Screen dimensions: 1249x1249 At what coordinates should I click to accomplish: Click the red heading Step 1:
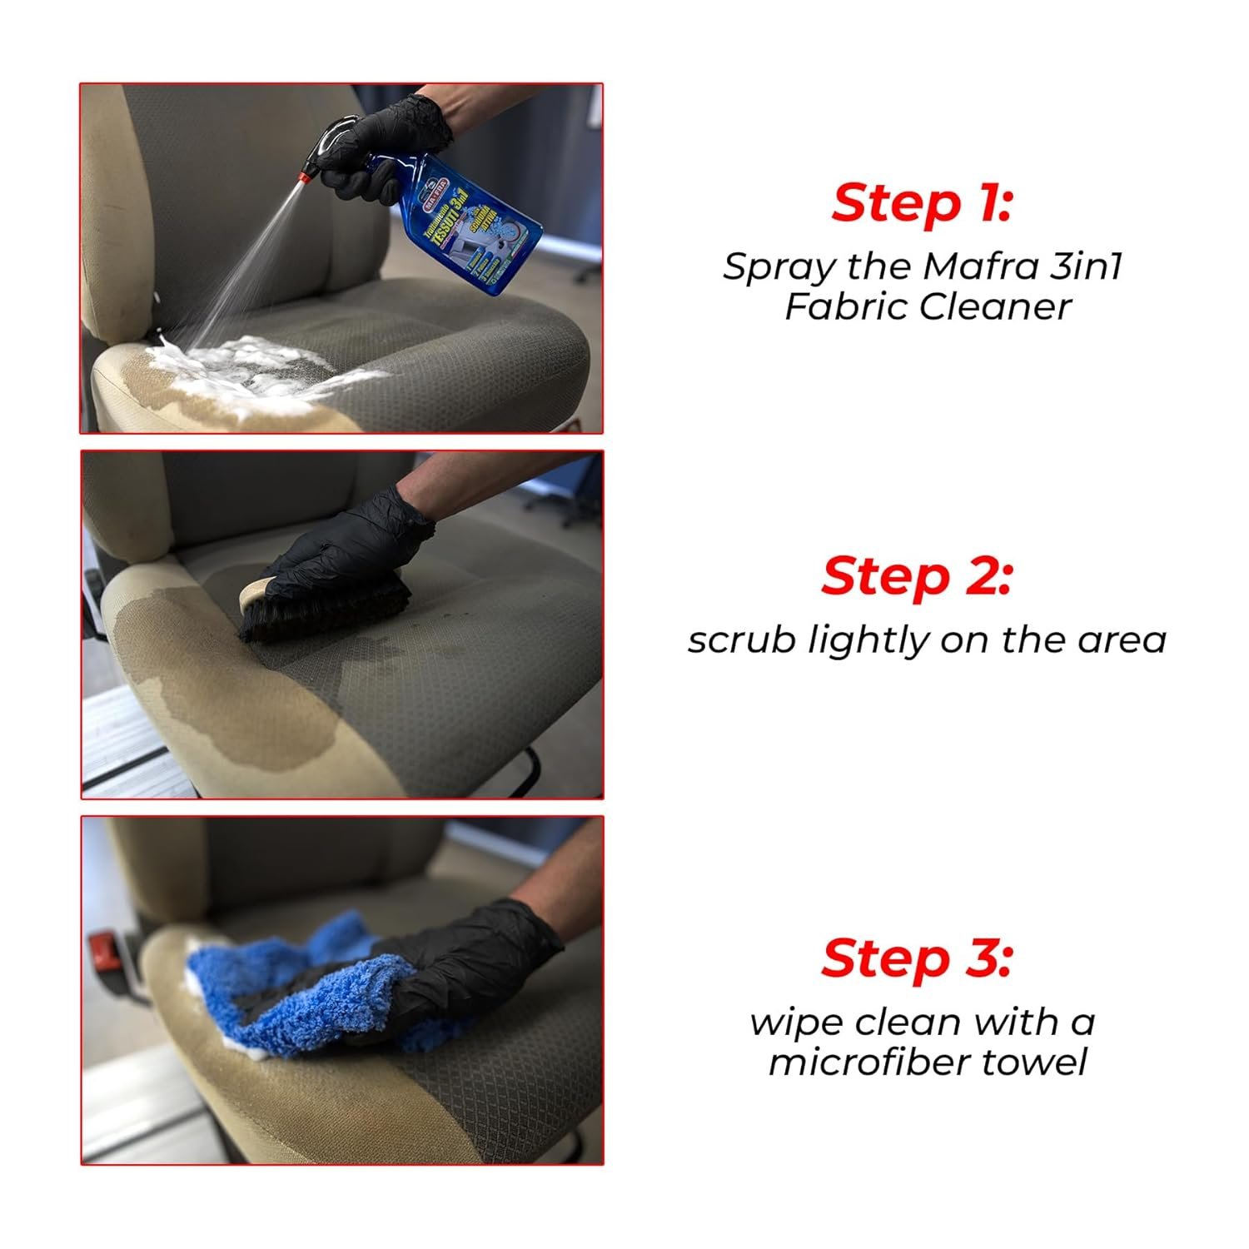point(922,203)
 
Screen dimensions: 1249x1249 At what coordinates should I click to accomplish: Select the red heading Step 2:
point(917,576)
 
